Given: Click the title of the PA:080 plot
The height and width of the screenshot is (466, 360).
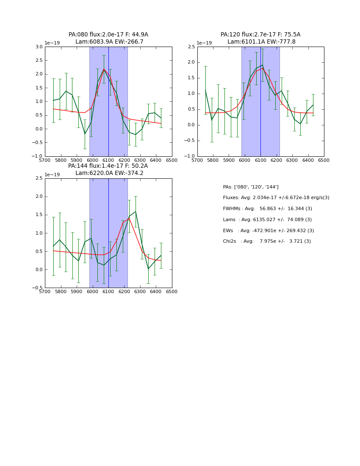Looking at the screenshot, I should [x=108, y=38].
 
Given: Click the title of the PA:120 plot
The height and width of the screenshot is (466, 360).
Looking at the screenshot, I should [x=260, y=38].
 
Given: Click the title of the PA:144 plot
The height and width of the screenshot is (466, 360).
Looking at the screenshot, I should [x=108, y=169].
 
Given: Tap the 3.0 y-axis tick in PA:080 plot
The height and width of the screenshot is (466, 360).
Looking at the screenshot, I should [x=39, y=47].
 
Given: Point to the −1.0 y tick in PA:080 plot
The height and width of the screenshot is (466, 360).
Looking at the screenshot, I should [x=37, y=156].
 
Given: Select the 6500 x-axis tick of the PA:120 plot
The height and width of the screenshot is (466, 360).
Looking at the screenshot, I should [x=324, y=161].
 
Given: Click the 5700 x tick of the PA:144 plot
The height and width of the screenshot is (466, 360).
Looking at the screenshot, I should [x=45, y=292].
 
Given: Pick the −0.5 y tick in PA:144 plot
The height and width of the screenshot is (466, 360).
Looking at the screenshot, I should [x=37, y=288].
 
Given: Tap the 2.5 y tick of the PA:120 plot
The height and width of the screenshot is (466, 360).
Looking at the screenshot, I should [x=191, y=47].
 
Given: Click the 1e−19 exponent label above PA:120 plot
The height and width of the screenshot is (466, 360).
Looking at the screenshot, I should [x=204, y=43].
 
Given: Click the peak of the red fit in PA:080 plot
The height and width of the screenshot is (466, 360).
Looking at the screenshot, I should [x=104, y=69].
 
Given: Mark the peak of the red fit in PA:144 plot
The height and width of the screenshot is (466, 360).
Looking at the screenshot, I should [x=129, y=218].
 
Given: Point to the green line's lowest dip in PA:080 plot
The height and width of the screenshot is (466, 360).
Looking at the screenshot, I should [x=85, y=134].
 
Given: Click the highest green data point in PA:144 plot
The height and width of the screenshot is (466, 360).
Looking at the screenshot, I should [x=136, y=211].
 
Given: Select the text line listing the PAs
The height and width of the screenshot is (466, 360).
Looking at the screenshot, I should [x=251, y=187].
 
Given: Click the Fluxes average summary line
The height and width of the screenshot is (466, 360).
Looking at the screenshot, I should [x=276, y=198].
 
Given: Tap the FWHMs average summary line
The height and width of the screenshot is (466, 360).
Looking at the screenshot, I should [x=267, y=209].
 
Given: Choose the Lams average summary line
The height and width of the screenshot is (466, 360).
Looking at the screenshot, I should [x=267, y=219].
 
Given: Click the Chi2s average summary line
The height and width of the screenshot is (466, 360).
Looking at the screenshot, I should [x=267, y=241].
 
